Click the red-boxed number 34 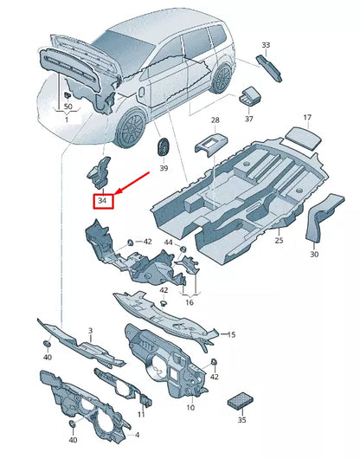tap(103, 200)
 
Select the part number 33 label tap(266, 44)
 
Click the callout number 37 tap(248, 120)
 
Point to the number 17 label tap(306, 117)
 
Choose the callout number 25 tap(279, 240)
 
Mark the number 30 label tap(314, 254)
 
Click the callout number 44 tap(169, 242)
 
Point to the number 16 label tap(189, 303)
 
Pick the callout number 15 tap(230, 333)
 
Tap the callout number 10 tap(190, 407)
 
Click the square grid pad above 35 tap(239, 400)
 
